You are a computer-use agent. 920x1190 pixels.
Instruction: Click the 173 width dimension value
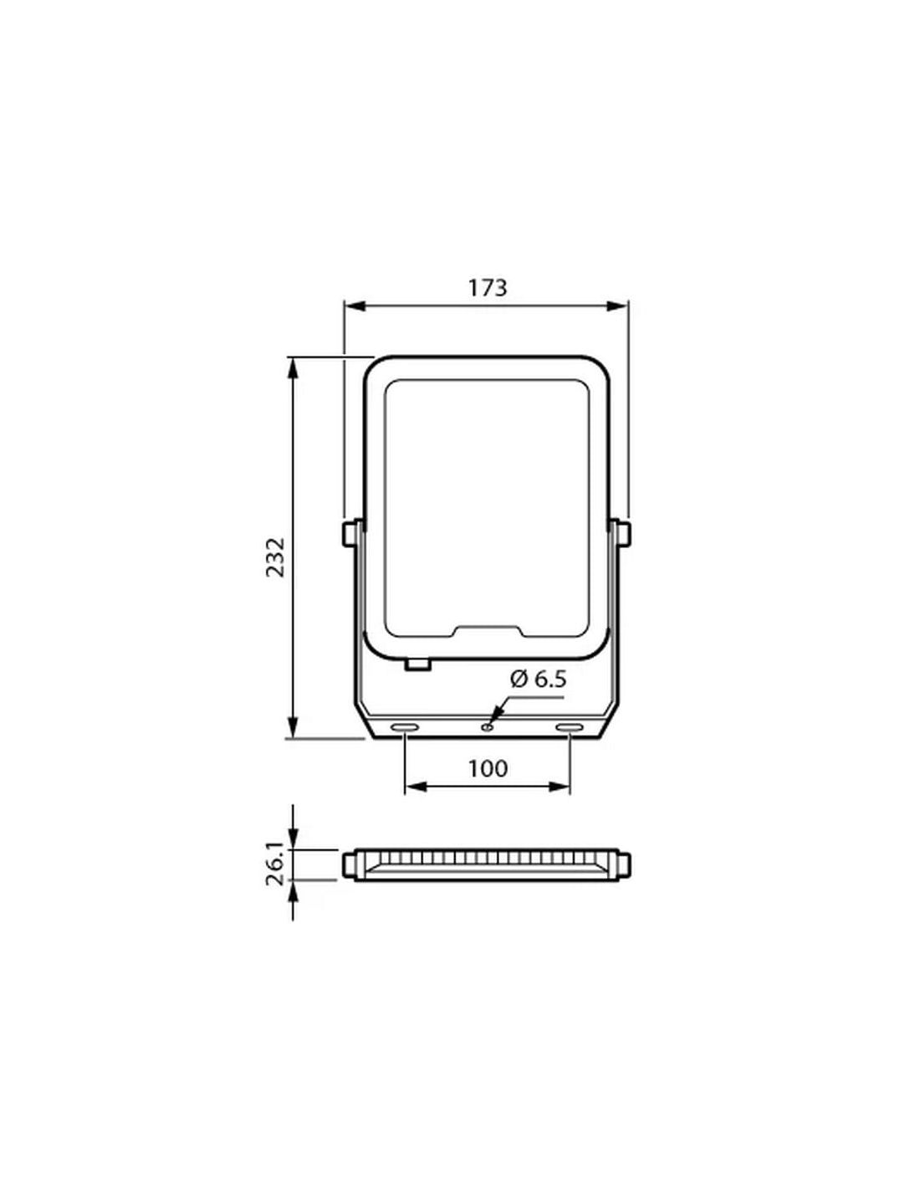pyautogui.click(x=487, y=288)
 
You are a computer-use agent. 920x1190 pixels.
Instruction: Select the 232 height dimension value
pyautogui.click(x=276, y=557)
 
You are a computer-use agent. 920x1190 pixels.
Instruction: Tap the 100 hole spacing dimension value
pyautogui.click(x=488, y=769)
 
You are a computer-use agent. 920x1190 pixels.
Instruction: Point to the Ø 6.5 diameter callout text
pyautogui.click(x=538, y=680)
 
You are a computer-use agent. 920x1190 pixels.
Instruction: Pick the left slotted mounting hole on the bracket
pyautogui.click(x=404, y=727)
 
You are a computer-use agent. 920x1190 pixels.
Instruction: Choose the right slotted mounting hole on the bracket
pyautogui.click(x=570, y=727)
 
